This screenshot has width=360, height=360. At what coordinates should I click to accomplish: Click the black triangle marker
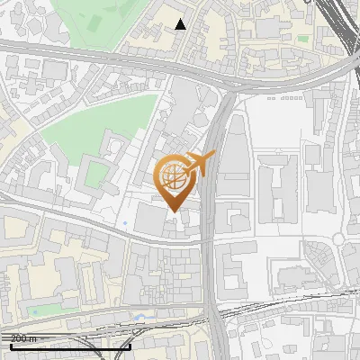click(181, 24)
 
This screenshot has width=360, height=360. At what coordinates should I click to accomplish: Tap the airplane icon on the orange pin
click(199, 165)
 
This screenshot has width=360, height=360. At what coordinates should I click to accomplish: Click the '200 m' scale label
click(23, 338)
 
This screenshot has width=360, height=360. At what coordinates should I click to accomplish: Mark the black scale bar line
click(70, 346)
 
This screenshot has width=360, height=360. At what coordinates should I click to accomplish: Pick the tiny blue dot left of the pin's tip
click(124, 221)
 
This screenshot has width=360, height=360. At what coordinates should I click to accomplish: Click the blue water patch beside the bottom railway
click(139, 317)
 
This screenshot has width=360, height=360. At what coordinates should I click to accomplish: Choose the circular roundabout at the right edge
click(340, 239)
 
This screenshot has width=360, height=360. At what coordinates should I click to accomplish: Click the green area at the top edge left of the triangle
click(99, 18)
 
